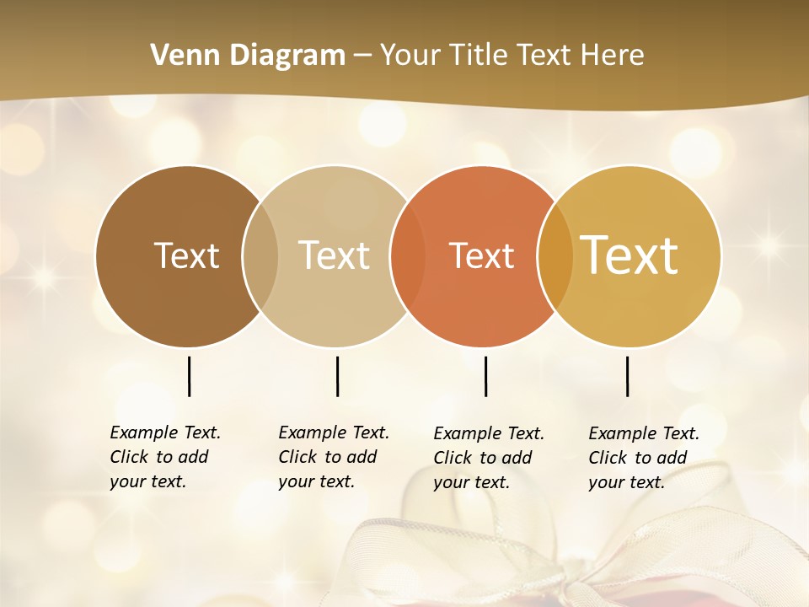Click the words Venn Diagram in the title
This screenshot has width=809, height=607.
click(x=248, y=56)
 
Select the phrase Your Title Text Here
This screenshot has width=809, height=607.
click(x=512, y=56)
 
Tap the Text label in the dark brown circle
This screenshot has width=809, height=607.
click(x=186, y=255)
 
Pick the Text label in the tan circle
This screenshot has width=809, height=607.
click(x=335, y=255)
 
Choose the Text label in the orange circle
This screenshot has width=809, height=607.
click(x=481, y=255)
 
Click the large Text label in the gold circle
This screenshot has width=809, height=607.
click(x=630, y=255)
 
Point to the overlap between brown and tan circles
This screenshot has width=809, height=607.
click(x=260, y=255)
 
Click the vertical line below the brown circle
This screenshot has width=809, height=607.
click(x=190, y=376)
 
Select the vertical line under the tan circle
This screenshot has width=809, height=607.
click(x=337, y=376)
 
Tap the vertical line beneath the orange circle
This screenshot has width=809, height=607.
click(x=486, y=376)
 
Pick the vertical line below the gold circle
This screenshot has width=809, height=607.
click(x=628, y=376)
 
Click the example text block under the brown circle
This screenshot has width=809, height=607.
click(x=164, y=457)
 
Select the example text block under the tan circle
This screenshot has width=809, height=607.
click(x=333, y=457)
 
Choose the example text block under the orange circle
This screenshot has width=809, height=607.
click(x=488, y=458)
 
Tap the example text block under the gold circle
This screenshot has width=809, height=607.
click(x=643, y=458)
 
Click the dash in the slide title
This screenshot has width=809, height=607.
click(x=362, y=56)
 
